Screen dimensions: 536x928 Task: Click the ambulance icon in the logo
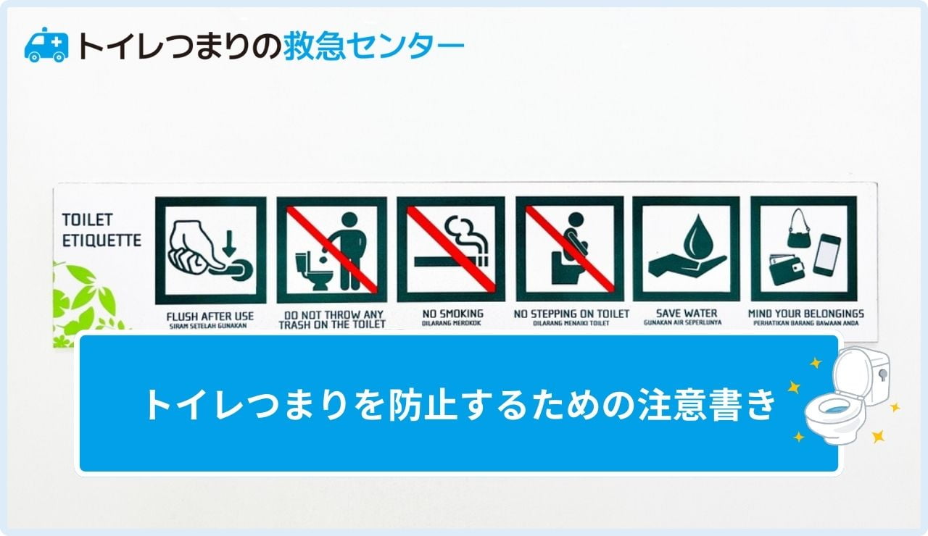(x=46, y=45)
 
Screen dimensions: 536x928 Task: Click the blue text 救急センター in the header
(x=373, y=46)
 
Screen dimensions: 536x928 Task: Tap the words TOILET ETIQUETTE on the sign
(x=101, y=230)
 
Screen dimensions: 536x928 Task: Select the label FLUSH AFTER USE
(x=210, y=316)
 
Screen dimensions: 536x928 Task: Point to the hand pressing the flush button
(x=194, y=248)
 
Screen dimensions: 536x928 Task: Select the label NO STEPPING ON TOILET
(x=571, y=314)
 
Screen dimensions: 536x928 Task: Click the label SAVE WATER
(x=686, y=314)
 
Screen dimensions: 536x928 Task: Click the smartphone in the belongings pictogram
(x=826, y=254)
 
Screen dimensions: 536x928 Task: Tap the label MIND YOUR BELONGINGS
(x=805, y=314)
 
